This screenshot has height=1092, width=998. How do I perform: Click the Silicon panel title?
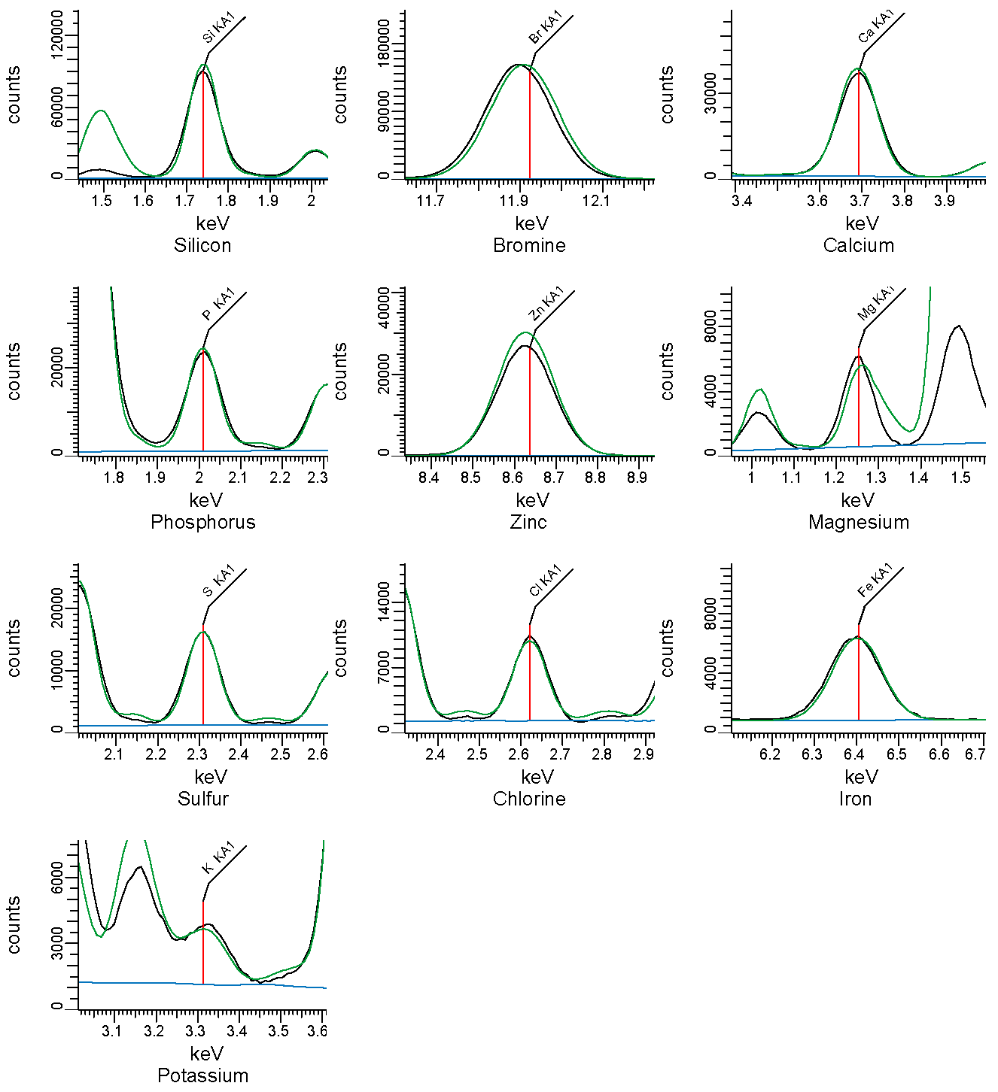point(202,245)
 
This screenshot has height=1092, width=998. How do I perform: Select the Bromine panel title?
point(529,245)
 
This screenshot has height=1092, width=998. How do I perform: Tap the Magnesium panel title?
point(859,522)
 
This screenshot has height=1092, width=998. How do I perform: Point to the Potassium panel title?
point(202,1075)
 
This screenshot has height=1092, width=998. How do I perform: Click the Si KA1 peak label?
point(218,29)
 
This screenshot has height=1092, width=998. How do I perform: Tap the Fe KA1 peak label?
point(875,581)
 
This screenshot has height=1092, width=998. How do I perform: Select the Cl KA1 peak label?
point(546,581)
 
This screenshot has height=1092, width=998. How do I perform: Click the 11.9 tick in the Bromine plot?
point(514,202)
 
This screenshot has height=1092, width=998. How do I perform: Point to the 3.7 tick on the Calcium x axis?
point(860,202)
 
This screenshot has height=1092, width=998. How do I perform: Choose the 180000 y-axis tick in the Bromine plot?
point(384,43)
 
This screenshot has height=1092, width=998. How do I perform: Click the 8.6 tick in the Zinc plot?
point(512,478)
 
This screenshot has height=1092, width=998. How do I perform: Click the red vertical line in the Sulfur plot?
point(203,678)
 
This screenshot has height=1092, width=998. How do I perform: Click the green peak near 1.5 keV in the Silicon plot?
point(101,111)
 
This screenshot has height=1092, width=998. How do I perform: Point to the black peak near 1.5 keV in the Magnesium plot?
point(958,326)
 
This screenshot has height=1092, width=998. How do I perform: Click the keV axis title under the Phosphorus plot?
point(206,500)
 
